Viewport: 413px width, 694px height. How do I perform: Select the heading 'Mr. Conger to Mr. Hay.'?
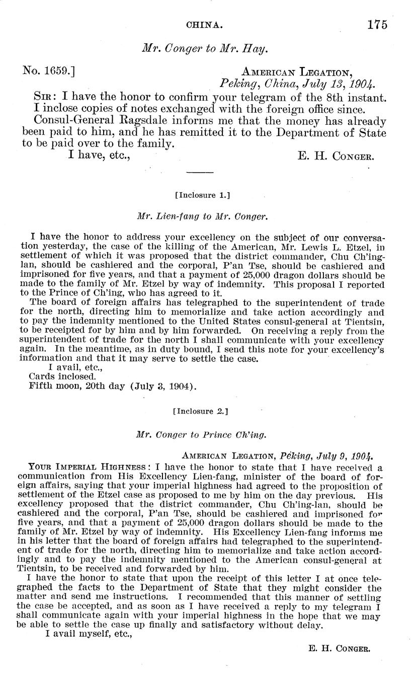[x=204, y=48]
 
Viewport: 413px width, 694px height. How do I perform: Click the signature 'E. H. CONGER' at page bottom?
[x=339, y=649]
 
